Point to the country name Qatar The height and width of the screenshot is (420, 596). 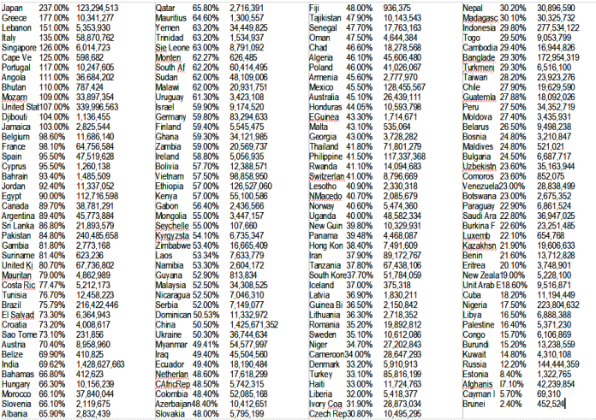tap(165, 7)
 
